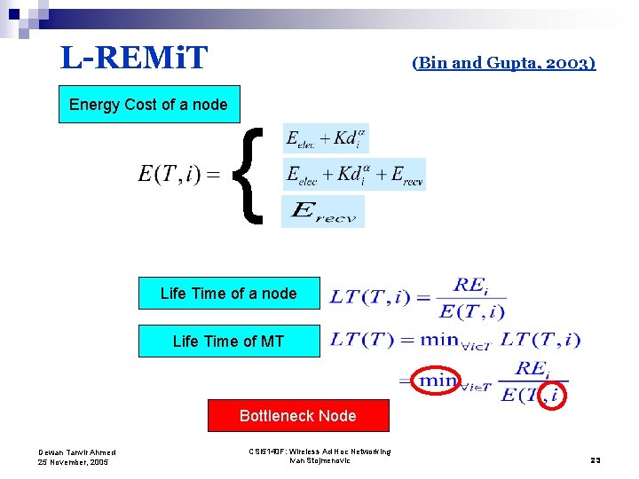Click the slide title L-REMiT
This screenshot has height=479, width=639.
coord(134,59)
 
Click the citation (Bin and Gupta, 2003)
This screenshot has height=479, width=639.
coord(504,62)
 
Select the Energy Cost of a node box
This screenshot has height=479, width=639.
coord(148,104)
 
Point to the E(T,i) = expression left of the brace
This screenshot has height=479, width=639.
coord(178,174)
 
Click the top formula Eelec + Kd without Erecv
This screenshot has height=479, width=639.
coord(325,138)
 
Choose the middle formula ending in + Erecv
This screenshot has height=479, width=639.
coord(354,174)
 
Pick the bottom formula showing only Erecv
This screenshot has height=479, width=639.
coord(323,211)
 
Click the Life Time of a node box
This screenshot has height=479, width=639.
coord(228,293)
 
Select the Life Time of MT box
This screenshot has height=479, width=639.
coord(228,341)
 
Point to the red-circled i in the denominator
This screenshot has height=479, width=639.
coord(554,394)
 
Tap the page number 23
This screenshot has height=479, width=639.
coord(596,459)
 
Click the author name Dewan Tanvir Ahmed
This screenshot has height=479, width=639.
coord(76,452)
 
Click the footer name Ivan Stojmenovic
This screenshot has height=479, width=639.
coord(319,460)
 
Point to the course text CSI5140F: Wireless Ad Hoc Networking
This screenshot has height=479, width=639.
coord(319,452)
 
